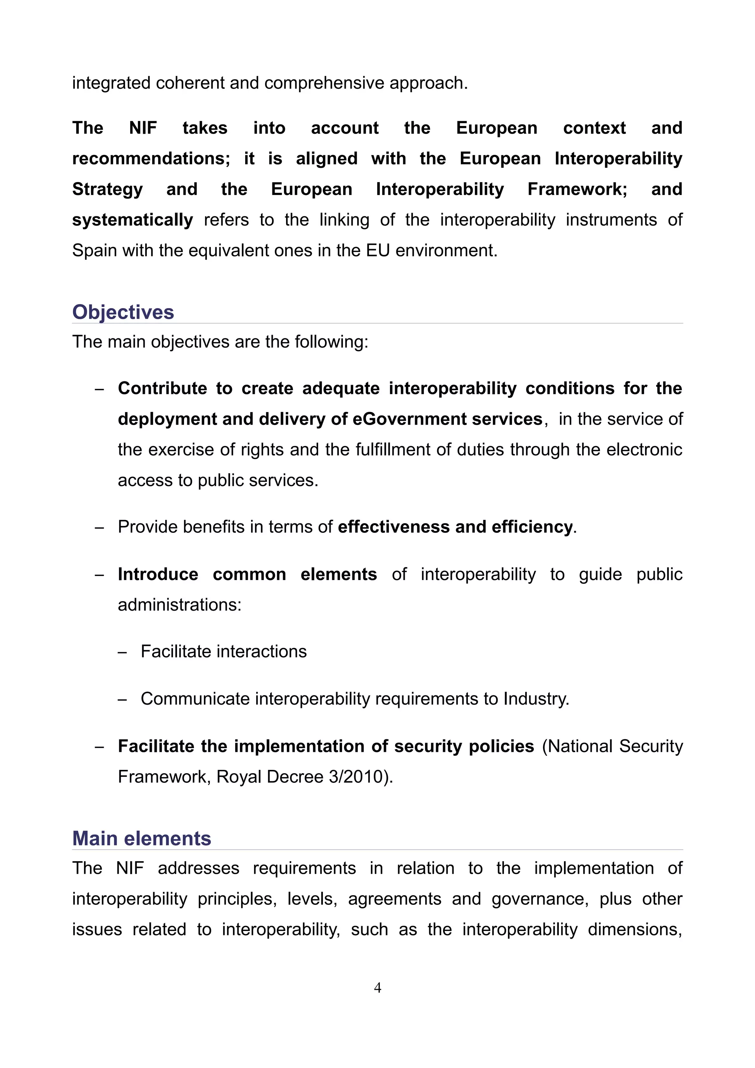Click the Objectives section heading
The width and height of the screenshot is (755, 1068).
point(123,312)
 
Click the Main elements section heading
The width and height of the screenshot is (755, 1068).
point(142,839)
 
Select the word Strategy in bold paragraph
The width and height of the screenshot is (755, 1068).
point(107,190)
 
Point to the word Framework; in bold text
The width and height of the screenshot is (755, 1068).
point(577,189)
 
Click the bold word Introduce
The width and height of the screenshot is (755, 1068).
point(158,575)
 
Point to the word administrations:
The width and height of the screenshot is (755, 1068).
point(180,605)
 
